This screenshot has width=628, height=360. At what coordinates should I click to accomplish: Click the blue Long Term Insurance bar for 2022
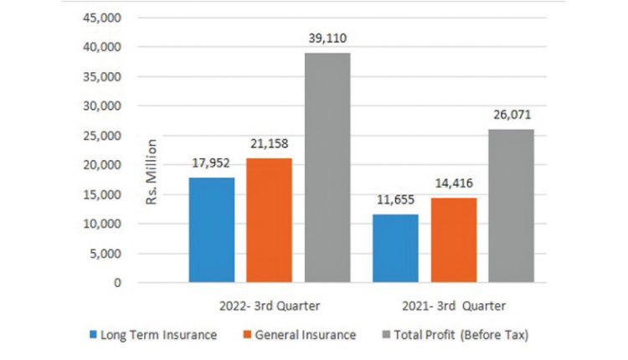pos(211,230)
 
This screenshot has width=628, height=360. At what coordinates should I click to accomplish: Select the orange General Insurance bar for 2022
pos(269,220)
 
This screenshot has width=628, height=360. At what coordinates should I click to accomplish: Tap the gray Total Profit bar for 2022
pos(327,167)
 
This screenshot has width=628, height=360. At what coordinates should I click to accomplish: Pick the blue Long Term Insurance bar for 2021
pos(395,249)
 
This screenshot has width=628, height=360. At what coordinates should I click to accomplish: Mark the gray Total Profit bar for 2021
pos(511,206)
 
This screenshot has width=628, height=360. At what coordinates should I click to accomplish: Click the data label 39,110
pos(327,38)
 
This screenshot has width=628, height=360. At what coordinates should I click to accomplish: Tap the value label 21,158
pos(269,143)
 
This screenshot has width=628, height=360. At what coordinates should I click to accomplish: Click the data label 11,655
pos(395,199)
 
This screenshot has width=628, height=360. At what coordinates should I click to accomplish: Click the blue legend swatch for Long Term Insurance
pos(91,335)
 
